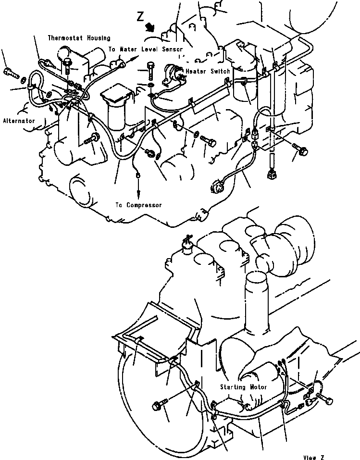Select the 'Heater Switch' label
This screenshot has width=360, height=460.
point(208,71)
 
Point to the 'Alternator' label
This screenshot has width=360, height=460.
point(18,121)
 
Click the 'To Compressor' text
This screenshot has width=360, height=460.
point(138,205)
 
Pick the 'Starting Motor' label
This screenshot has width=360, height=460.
point(244,387)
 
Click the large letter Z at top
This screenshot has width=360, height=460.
point(140,17)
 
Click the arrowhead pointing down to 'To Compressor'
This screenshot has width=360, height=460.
point(138,194)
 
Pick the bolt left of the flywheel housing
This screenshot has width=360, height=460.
point(160,406)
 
